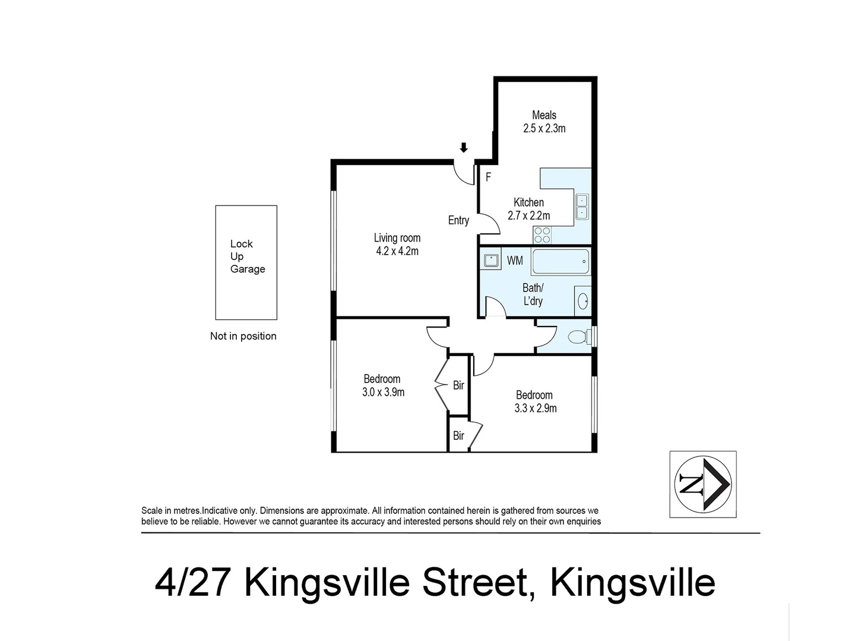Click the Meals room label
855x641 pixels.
(544, 115)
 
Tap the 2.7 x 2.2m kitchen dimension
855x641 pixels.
(528, 215)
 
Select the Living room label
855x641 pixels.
(397, 238)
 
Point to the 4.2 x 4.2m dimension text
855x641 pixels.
(397, 251)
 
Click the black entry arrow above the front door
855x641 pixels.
(464, 148)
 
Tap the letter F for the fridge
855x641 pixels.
(489, 177)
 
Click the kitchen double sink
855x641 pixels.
(582, 206)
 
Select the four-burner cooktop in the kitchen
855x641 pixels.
(542, 235)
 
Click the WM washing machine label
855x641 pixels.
(515, 261)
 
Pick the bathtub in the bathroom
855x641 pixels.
(560, 261)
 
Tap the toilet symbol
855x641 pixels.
(578, 337)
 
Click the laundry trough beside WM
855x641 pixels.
(491, 261)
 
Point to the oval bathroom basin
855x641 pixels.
(583, 302)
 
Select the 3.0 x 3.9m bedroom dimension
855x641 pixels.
(383, 392)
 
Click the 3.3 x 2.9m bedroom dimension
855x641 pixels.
(535, 408)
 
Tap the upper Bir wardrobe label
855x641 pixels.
(458, 386)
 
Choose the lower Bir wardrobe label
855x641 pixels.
(458, 436)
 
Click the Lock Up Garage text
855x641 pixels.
(247, 256)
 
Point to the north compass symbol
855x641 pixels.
(703, 484)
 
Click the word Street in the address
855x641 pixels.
(474, 583)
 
